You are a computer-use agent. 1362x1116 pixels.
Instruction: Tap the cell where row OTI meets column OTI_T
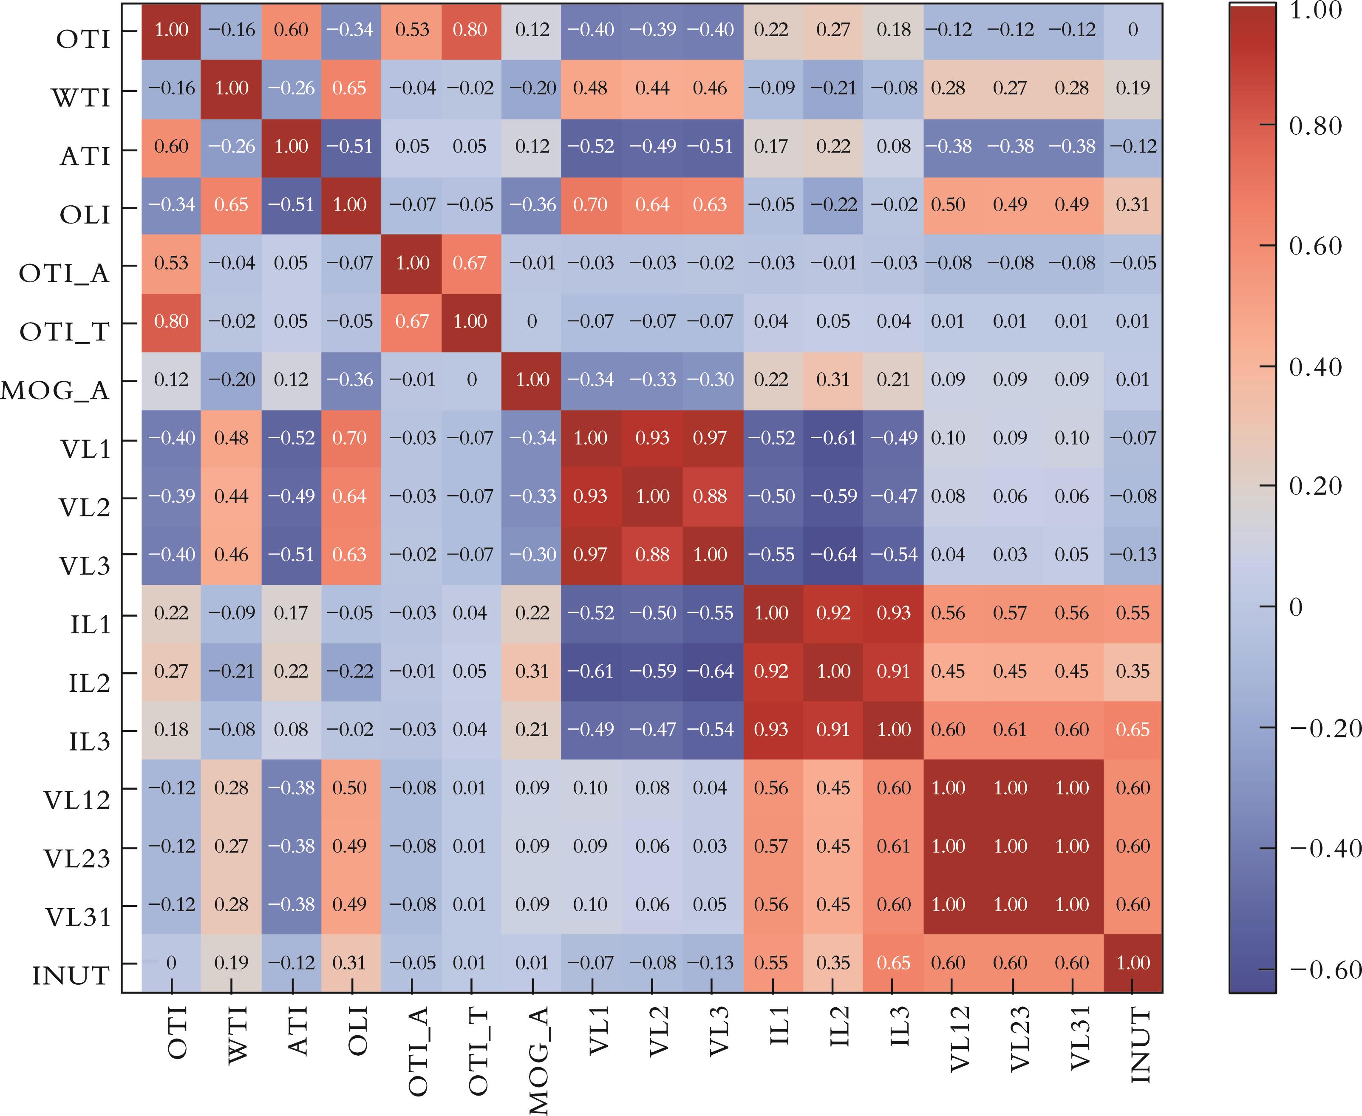pos(470,30)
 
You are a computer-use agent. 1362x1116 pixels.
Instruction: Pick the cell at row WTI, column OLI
pos(350,88)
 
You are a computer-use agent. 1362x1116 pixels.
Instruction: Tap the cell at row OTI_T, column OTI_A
pos(412,321)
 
